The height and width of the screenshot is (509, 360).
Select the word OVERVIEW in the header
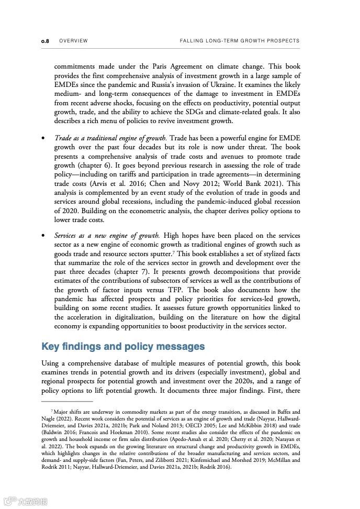pos(73,41)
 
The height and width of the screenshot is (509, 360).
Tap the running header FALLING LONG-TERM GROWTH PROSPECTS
pos(240,41)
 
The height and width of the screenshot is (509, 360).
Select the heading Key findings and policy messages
pos(123,347)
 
